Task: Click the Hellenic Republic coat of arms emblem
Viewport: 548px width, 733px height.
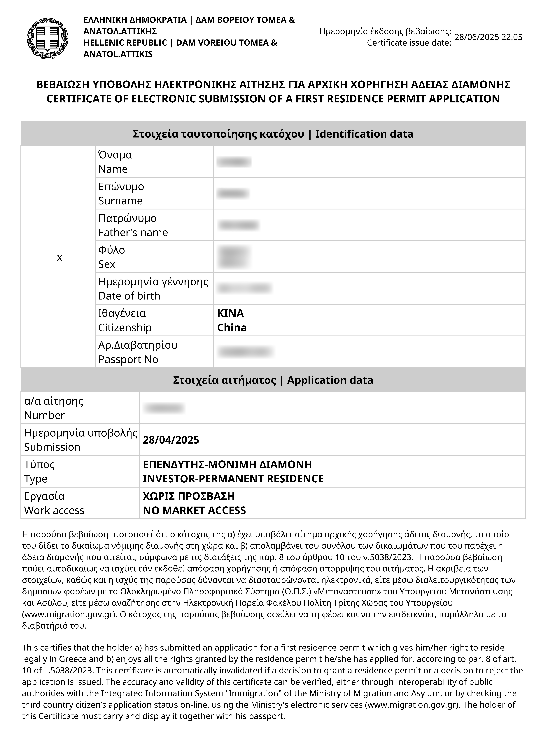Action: (48, 38)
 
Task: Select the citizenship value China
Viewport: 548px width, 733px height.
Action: (232, 327)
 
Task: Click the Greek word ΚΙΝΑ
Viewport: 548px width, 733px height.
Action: (230, 313)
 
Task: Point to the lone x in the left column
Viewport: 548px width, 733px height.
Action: (60, 257)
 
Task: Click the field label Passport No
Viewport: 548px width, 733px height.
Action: (128, 359)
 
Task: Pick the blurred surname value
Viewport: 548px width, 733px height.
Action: (232, 193)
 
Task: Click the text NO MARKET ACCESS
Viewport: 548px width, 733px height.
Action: (194, 510)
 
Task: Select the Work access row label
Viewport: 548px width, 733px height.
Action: (54, 510)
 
